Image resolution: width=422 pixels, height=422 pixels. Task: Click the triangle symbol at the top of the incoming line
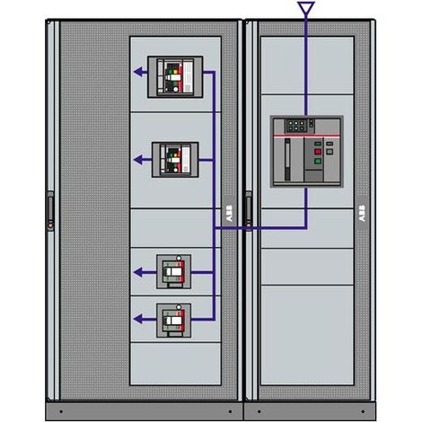tap(306, 7)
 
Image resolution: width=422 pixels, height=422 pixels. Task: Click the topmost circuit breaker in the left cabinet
tap(175, 77)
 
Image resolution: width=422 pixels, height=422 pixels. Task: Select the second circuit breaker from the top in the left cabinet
tap(175, 160)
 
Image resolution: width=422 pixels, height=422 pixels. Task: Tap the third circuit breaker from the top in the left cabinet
tap(173, 272)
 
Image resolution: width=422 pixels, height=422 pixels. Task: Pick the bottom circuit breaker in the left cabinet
tap(173, 321)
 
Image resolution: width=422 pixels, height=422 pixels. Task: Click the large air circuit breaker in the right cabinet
tap(307, 152)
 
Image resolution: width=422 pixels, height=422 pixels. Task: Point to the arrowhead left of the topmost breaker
tap(137, 72)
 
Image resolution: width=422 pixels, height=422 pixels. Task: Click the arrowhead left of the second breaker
tap(137, 160)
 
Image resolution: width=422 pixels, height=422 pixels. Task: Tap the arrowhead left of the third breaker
tap(137, 272)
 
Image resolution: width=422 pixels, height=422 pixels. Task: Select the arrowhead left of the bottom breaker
tap(137, 319)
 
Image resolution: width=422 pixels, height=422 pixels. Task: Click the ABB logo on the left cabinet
tap(229, 214)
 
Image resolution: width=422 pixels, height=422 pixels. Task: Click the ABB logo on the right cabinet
tap(362, 214)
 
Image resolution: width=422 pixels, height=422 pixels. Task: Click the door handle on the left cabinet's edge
tap(50, 211)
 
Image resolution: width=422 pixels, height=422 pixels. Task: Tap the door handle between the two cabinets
tap(249, 209)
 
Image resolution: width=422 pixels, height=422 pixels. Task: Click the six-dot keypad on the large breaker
tap(296, 126)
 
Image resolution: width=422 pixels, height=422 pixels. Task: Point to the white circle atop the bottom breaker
tap(179, 307)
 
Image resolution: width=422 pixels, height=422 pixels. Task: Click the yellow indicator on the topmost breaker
tap(175, 72)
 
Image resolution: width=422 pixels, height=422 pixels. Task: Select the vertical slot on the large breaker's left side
tap(287, 160)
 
